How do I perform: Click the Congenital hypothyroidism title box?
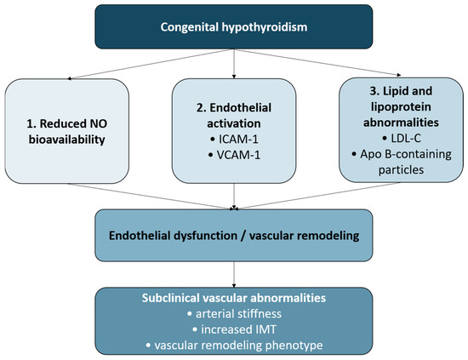[x=234, y=26]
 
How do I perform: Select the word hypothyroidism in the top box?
[x=264, y=27]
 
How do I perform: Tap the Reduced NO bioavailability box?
[x=67, y=131]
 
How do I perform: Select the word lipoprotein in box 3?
[x=401, y=107]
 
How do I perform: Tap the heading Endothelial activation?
[x=234, y=116]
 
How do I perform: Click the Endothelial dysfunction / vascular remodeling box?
[x=234, y=235]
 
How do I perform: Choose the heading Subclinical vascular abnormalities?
[x=234, y=298]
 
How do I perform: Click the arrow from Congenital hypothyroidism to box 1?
[x=151, y=64]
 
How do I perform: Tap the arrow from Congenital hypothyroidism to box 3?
[x=317, y=63]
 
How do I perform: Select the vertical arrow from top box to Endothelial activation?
[x=234, y=64]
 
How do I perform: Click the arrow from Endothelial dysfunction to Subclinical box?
[x=234, y=274]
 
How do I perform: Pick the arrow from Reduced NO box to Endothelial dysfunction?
[x=151, y=196]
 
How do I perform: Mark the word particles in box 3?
[x=401, y=170]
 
